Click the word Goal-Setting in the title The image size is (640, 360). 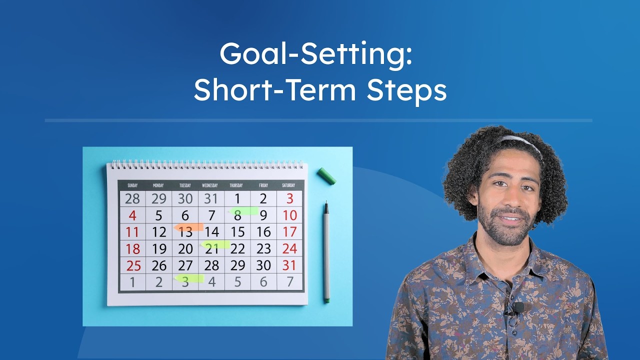coord(315,53)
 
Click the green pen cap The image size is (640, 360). coord(326,176)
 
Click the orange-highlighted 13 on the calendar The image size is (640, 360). coord(185,231)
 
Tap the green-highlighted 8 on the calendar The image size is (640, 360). coord(237,215)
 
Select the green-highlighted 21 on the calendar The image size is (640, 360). coord(211,248)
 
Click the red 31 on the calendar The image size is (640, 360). coord(289,265)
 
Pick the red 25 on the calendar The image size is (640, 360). coord(132,265)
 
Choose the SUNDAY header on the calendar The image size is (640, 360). coord(132,185)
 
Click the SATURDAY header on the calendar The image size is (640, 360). coord(288,185)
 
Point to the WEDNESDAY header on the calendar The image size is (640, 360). coord(210,185)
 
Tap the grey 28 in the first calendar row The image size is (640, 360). coord(132,198)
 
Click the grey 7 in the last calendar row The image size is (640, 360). coord(289,281)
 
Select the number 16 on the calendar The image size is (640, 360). coord(263,231)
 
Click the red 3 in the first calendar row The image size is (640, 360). coord(289,198)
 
